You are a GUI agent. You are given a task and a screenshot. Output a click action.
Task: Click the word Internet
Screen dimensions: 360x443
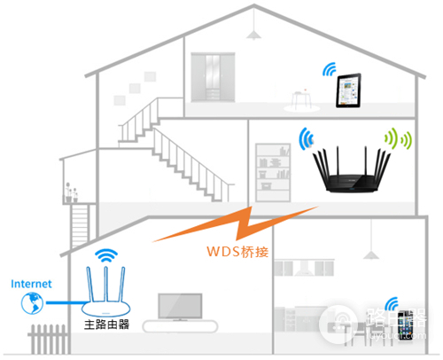pos(31,284)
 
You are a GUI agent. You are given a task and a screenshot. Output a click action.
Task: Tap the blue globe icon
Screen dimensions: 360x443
pos(30,303)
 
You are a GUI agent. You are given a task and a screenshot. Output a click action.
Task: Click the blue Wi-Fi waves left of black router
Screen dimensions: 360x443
pos(306,140)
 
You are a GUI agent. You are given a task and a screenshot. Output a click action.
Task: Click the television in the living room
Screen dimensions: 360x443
pos(183,305)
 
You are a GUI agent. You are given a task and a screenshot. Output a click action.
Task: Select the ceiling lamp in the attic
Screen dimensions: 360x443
pos(255,32)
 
